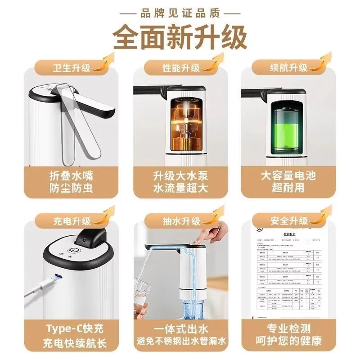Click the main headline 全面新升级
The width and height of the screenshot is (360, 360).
(180, 37)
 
